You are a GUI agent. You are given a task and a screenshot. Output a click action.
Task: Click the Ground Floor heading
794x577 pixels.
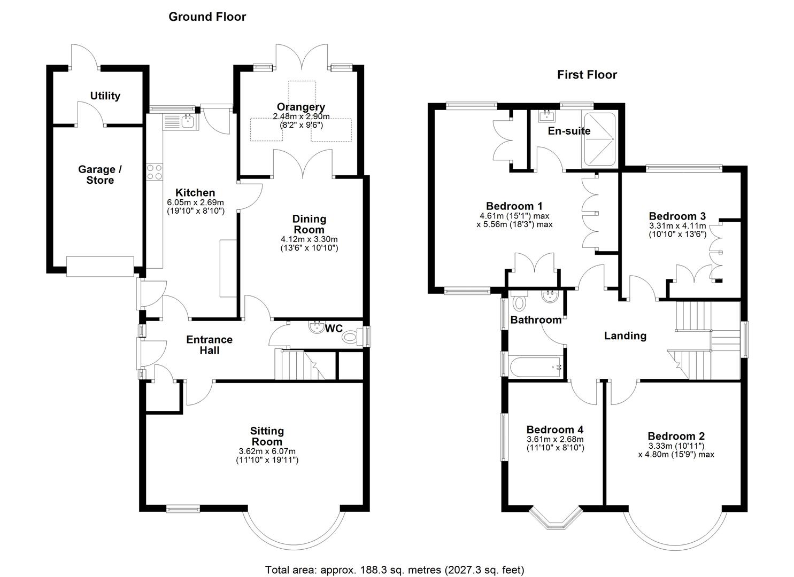(x=207, y=17)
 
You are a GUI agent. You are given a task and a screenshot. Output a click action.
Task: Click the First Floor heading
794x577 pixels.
(x=587, y=75)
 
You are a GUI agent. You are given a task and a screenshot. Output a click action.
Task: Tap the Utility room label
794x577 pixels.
(x=105, y=96)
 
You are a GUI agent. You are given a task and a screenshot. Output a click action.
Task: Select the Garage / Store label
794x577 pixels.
(x=100, y=175)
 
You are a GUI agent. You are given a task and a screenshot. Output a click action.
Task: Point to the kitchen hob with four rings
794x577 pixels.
(x=155, y=171)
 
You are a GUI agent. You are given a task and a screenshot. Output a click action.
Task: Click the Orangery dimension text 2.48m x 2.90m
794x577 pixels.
(x=301, y=116)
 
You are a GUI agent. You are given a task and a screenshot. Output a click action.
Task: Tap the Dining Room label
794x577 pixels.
(x=309, y=224)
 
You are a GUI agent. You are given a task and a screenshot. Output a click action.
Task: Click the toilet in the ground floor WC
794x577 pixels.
(x=351, y=337)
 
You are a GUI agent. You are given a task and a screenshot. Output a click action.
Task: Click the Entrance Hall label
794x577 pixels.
(x=209, y=345)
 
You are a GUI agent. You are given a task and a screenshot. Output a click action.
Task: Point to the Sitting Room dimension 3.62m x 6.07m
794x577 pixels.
(x=267, y=451)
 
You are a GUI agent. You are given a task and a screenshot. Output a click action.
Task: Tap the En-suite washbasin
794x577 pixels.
(x=546, y=115)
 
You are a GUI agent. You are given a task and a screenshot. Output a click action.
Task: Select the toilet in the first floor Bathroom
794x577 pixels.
(x=519, y=303)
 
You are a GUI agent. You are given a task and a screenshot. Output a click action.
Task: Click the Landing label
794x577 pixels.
(x=625, y=336)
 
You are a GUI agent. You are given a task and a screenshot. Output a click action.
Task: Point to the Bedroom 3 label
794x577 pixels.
(x=677, y=216)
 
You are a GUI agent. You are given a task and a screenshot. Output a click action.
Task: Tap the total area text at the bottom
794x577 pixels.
(x=395, y=569)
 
